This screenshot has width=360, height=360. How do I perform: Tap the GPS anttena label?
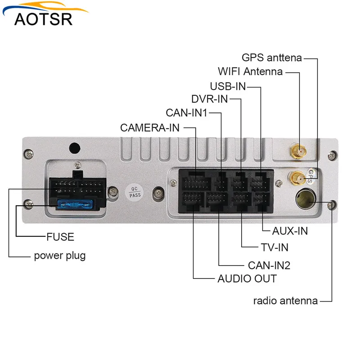[271, 58]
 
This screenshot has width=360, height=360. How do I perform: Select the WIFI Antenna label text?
[250, 72]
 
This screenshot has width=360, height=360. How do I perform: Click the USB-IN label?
[228, 85]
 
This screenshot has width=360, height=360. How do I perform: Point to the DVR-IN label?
[209, 99]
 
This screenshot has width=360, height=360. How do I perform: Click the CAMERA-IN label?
[150, 128]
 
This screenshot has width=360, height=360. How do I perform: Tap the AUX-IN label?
[290, 231]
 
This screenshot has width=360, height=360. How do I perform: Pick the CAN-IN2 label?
[269, 265]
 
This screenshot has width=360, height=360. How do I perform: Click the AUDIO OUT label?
[247, 279]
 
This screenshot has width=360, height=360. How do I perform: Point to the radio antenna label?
[285, 301]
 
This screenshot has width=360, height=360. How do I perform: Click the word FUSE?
[60, 237]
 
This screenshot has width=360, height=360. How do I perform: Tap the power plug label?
[60, 256]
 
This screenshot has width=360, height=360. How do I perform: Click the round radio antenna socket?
[303, 199]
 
